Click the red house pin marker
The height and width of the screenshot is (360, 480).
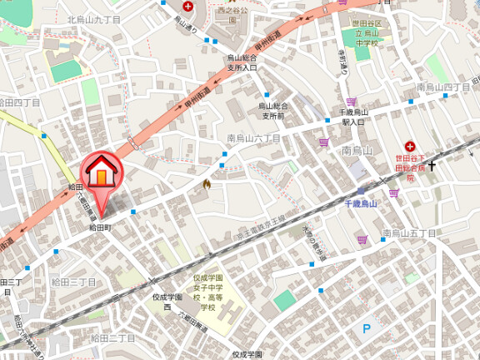point(100,172)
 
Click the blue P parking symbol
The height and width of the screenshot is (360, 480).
point(366,329)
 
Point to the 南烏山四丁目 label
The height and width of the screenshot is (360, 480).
point(443,87)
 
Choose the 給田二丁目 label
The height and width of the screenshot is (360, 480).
point(112,337)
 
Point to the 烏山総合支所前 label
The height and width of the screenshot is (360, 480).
point(272,112)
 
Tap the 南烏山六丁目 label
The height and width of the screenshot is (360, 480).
point(254,138)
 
